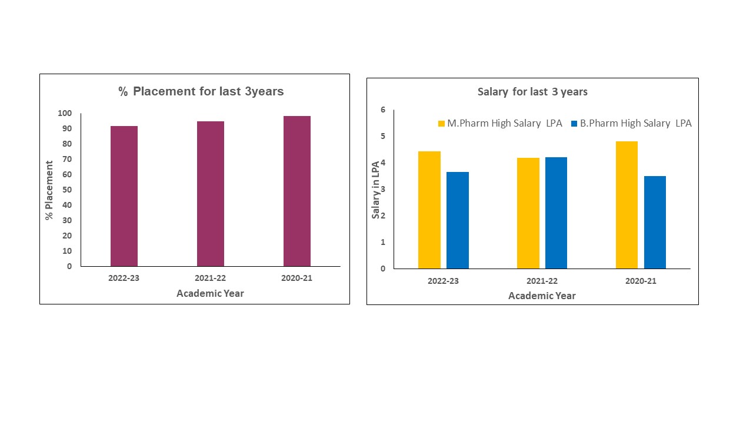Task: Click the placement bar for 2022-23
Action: point(124,196)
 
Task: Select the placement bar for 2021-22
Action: point(211,194)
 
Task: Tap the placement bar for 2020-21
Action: point(297,191)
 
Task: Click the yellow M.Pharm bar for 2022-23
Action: point(429,210)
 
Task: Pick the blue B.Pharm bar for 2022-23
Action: point(458,220)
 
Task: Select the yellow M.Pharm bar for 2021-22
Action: point(528,213)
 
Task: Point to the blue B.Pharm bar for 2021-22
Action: point(556,213)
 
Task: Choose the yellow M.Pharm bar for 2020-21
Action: point(627,205)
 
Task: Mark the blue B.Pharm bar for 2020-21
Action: point(655,223)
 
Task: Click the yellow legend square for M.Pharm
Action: point(441,124)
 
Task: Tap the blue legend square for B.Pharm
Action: point(574,124)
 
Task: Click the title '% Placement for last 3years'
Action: point(201,91)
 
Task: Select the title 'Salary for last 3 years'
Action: point(532,91)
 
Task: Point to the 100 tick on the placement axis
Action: point(65,113)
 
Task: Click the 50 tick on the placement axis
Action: point(67,190)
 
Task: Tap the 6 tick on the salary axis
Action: point(383,110)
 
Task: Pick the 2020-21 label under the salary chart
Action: point(641,281)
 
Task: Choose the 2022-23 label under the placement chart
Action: point(124,279)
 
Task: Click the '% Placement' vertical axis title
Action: point(49,190)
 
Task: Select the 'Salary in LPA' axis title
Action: point(375,190)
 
